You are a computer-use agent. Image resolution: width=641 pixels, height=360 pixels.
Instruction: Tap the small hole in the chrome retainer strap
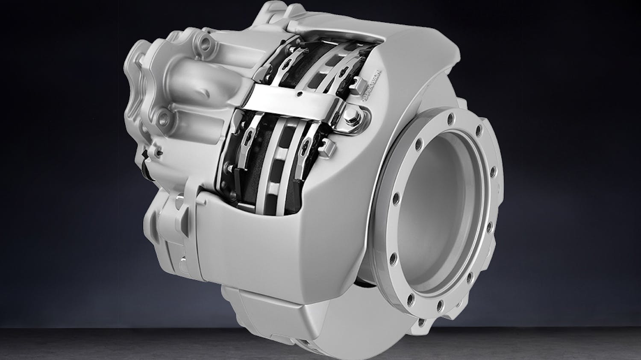(x=301, y=94)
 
